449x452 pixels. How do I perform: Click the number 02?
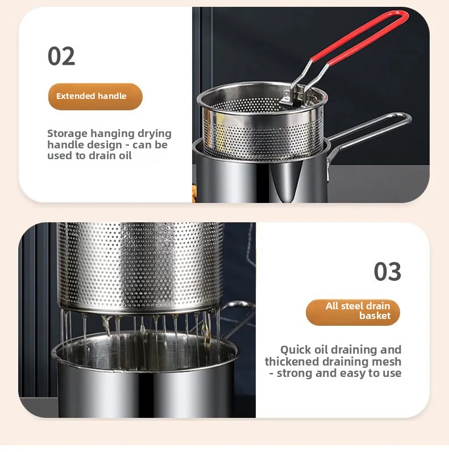point(61,56)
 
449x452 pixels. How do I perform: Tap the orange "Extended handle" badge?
point(95,96)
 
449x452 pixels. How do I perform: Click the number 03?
point(388,272)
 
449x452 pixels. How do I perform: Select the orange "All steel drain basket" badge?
point(353,311)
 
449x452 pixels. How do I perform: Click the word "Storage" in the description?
point(67,134)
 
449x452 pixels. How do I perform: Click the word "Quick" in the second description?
point(297,350)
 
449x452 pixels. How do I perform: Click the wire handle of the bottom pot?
point(239,310)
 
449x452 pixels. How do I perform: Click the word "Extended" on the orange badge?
point(76,96)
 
